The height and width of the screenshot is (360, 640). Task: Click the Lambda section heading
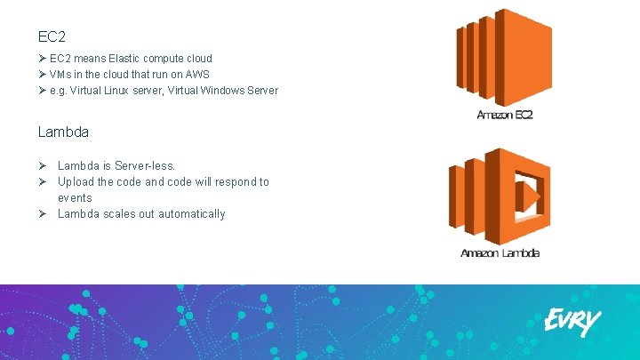tap(63, 132)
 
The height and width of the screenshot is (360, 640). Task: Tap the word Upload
tap(76, 182)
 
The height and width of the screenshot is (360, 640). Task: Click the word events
tap(75, 198)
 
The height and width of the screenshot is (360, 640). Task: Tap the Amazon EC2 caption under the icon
tap(505, 116)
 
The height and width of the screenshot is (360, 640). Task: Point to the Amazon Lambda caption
tap(500, 253)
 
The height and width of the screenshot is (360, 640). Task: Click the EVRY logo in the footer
tap(572, 321)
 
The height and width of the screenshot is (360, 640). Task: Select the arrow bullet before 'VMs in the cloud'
tap(42, 75)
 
